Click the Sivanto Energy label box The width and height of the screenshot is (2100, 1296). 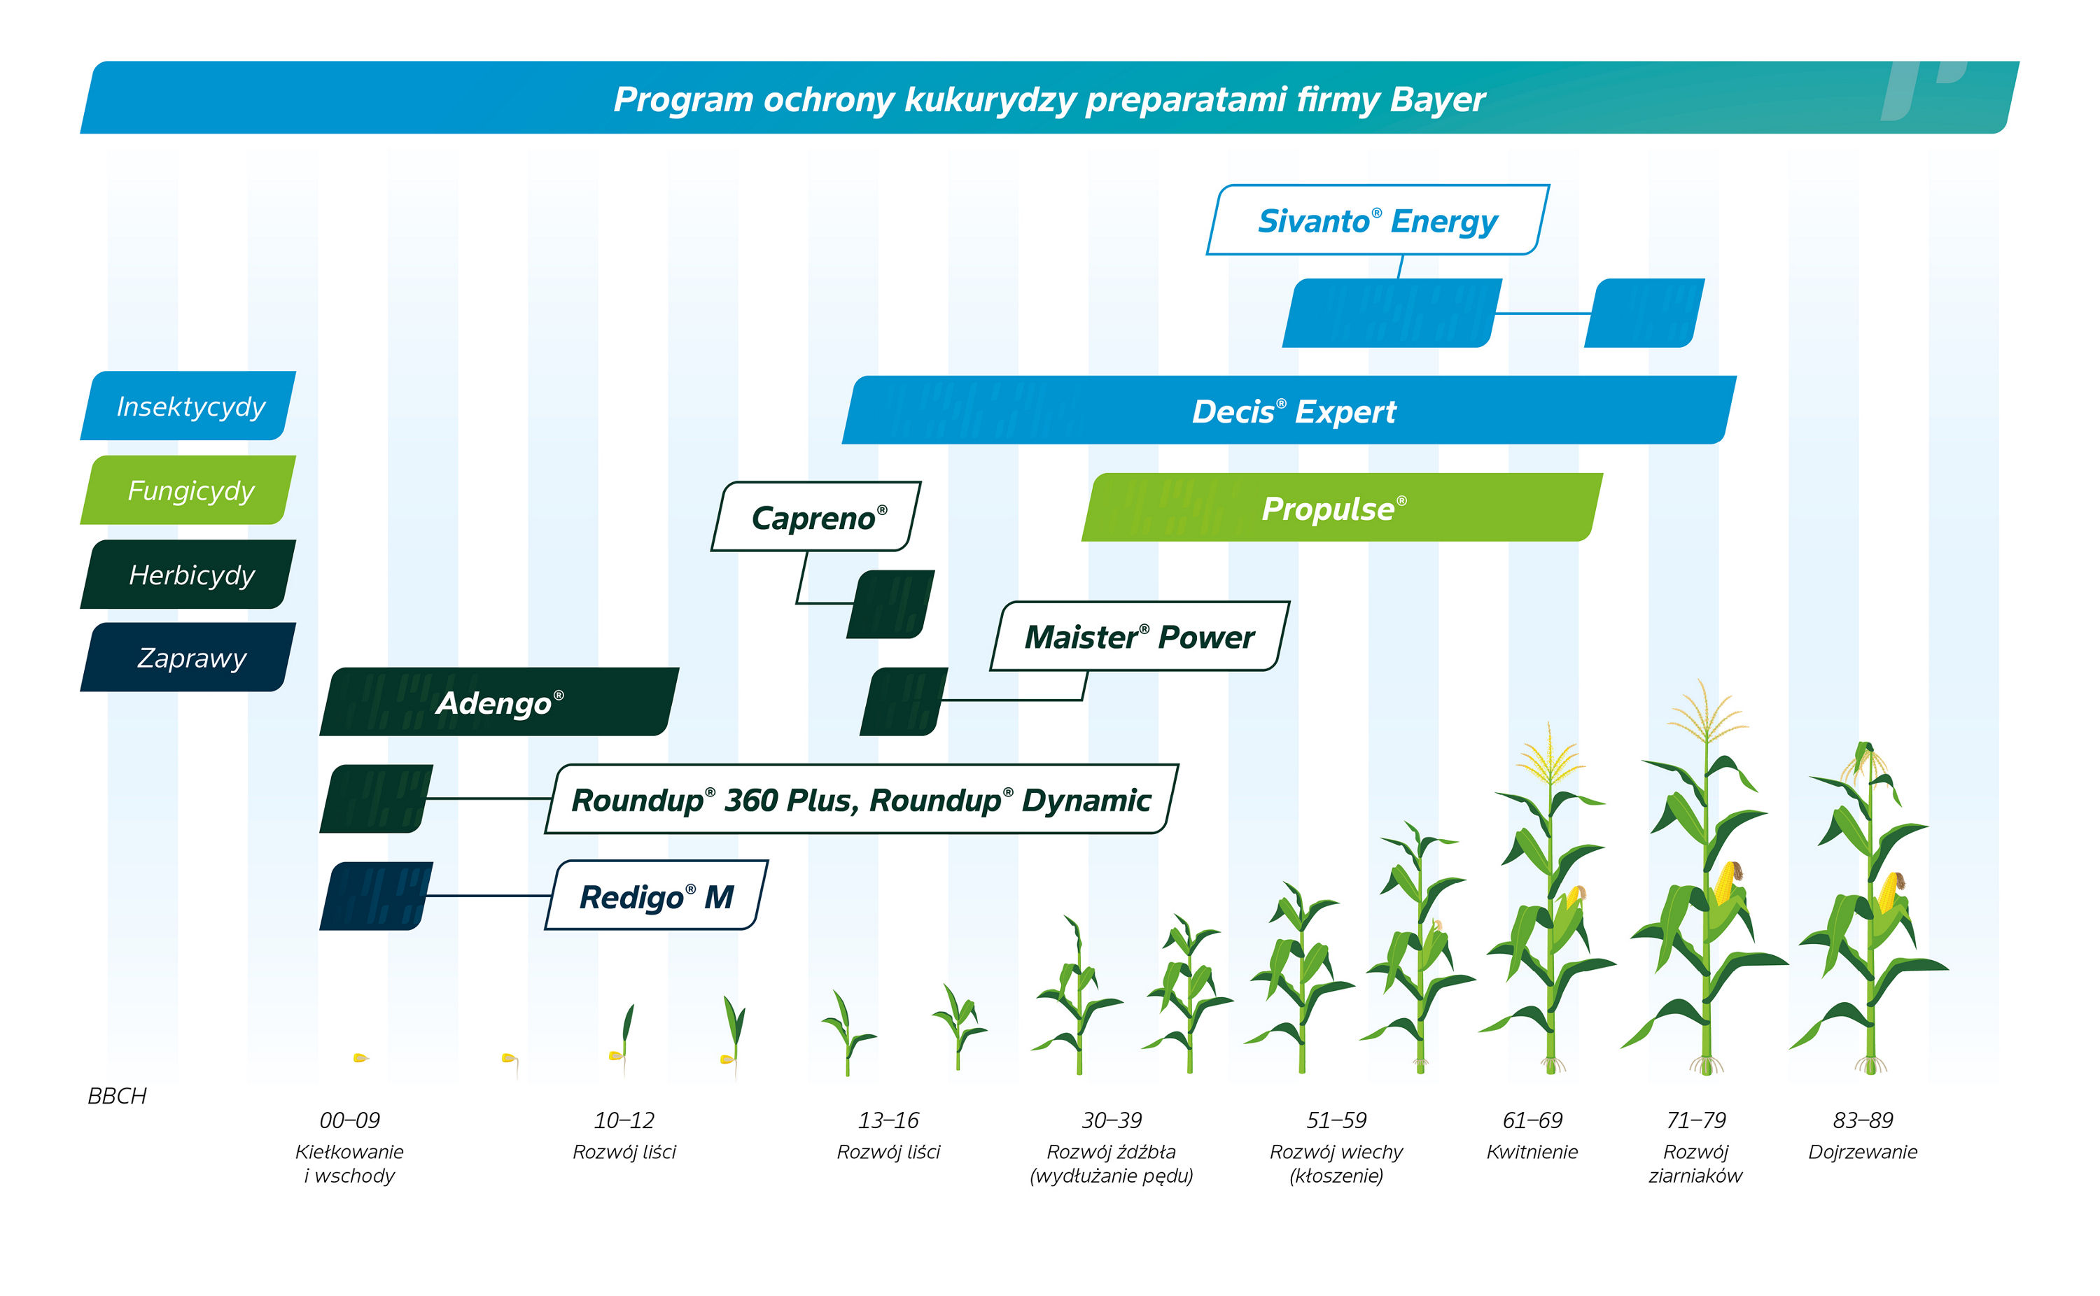tap(1377, 220)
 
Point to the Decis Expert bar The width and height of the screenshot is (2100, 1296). tap(1293, 411)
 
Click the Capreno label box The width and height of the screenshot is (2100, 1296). tap(816, 517)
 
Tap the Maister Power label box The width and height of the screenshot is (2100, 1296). tap(1138, 636)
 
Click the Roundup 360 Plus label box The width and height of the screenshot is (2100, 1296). tap(860, 799)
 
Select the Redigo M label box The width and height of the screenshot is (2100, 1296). tap(656, 896)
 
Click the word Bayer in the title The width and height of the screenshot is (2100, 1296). tap(1436, 99)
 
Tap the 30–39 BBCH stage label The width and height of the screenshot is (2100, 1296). tap(1111, 1120)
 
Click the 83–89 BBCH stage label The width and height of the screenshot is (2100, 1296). tap(1862, 1120)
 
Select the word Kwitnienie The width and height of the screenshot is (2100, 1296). tap(1531, 1151)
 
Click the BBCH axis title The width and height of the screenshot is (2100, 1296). tap(117, 1095)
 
